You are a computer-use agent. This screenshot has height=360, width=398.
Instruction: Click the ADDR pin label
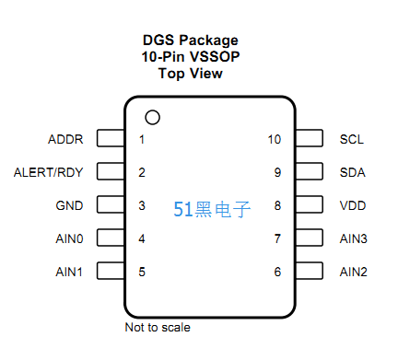click(65, 139)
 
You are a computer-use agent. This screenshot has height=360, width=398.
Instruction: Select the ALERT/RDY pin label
click(48, 172)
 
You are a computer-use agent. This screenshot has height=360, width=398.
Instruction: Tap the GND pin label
click(69, 205)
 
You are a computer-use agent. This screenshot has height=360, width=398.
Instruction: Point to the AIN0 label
click(69, 238)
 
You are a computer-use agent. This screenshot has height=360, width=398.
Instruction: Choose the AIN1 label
click(69, 272)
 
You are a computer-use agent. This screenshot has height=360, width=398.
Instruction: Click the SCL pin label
click(352, 139)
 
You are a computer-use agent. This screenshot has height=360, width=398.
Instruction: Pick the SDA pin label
click(353, 172)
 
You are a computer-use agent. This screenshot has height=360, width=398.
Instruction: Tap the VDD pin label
click(353, 205)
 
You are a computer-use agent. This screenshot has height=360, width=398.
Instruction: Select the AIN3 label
click(354, 238)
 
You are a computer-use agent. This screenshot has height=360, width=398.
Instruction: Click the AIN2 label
click(354, 272)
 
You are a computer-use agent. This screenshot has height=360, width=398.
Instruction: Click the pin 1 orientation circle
click(153, 110)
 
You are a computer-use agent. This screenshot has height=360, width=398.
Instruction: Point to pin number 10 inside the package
click(275, 139)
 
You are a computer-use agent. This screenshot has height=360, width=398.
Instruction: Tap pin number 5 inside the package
click(142, 272)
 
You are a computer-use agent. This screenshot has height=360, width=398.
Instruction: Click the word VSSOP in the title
click(215, 57)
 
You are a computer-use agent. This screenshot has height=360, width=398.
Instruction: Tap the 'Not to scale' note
click(158, 328)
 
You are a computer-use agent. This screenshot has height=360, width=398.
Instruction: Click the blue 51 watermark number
click(183, 209)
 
